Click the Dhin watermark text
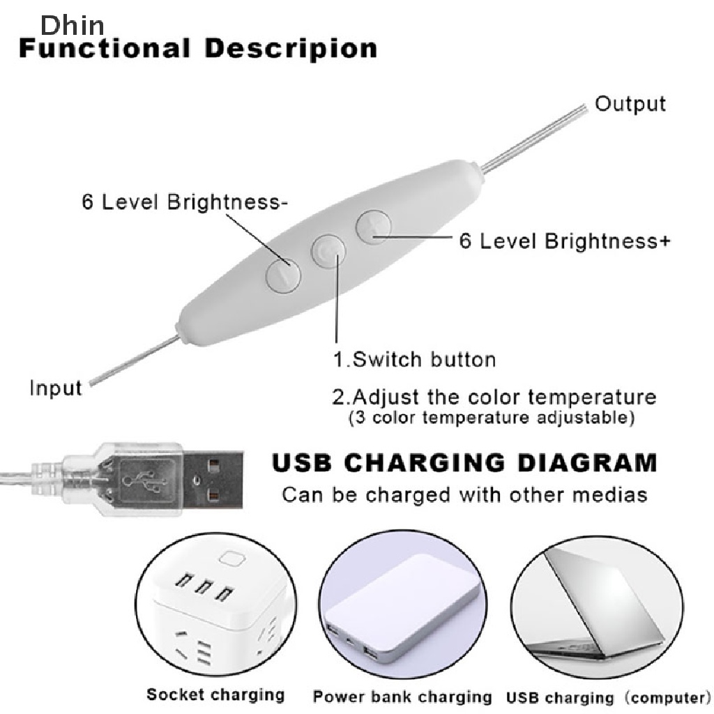(x=73, y=25)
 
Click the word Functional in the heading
(x=105, y=48)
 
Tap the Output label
(x=630, y=105)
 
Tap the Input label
(x=56, y=388)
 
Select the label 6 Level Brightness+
(x=565, y=241)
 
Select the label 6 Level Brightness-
(x=184, y=202)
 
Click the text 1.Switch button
(x=414, y=360)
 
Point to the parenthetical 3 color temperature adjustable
(x=492, y=418)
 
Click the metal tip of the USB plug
(x=213, y=480)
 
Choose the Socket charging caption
(x=215, y=694)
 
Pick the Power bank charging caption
(x=402, y=697)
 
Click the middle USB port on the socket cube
(x=204, y=586)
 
